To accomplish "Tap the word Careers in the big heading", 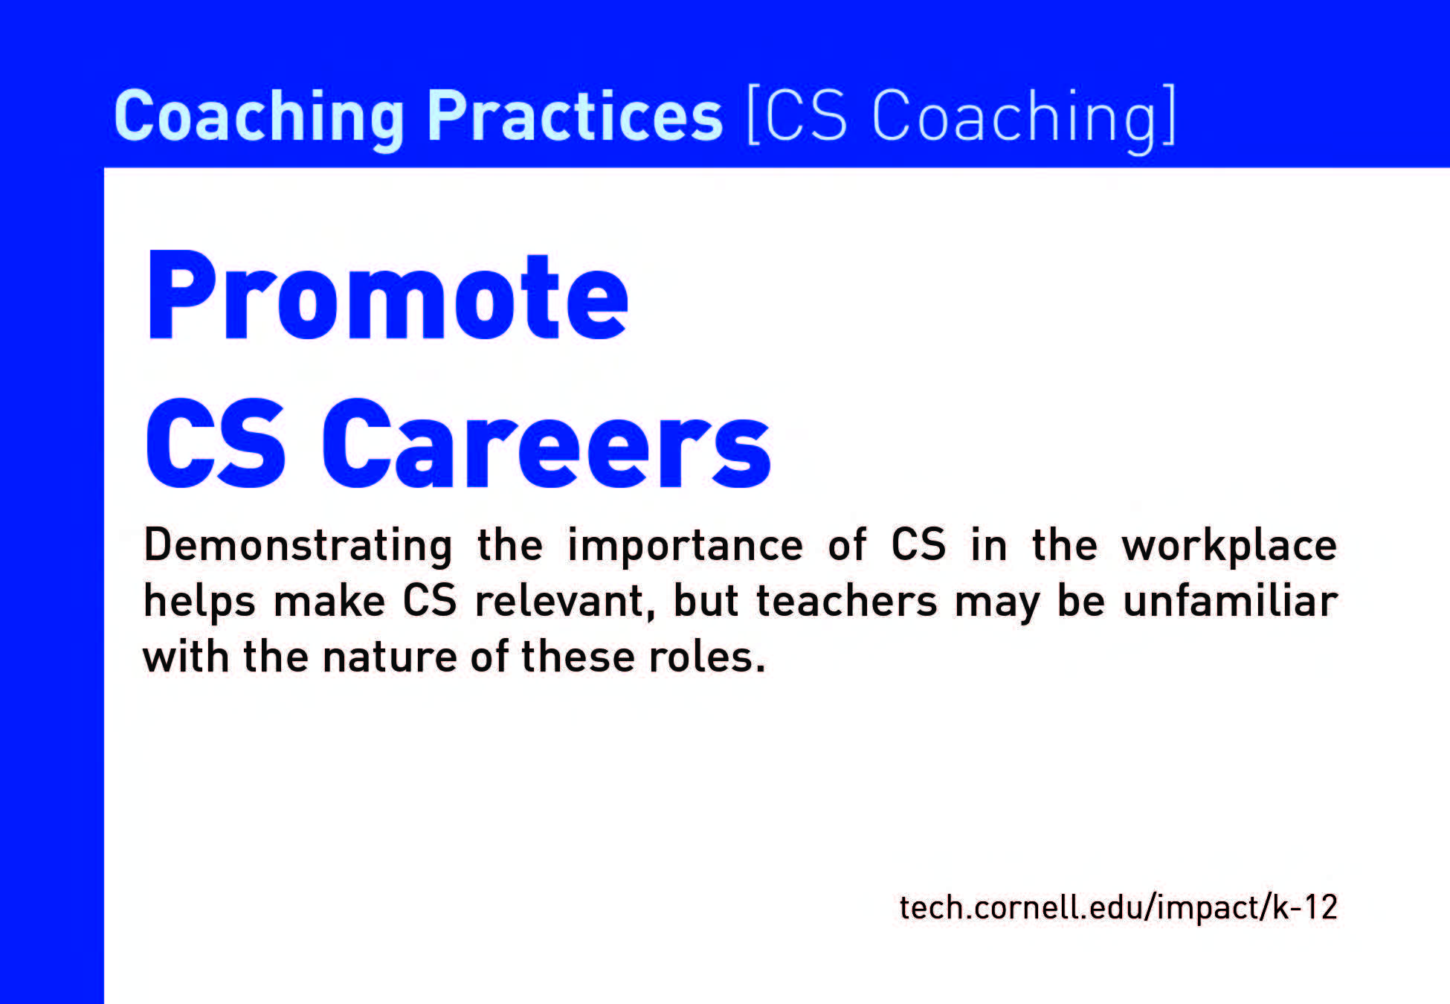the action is click(x=547, y=443).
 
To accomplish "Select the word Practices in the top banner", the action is click(x=575, y=115).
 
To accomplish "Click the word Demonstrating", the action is click(x=298, y=546).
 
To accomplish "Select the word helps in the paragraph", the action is click(x=199, y=602).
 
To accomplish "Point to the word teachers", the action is click(x=847, y=601).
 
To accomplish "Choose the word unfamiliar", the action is click(x=1231, y=601).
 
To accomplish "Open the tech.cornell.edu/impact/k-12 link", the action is click(x=1118, y=907).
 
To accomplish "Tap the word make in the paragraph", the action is click(x=329, y=601).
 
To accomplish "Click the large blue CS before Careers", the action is click(x=216, y=443).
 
